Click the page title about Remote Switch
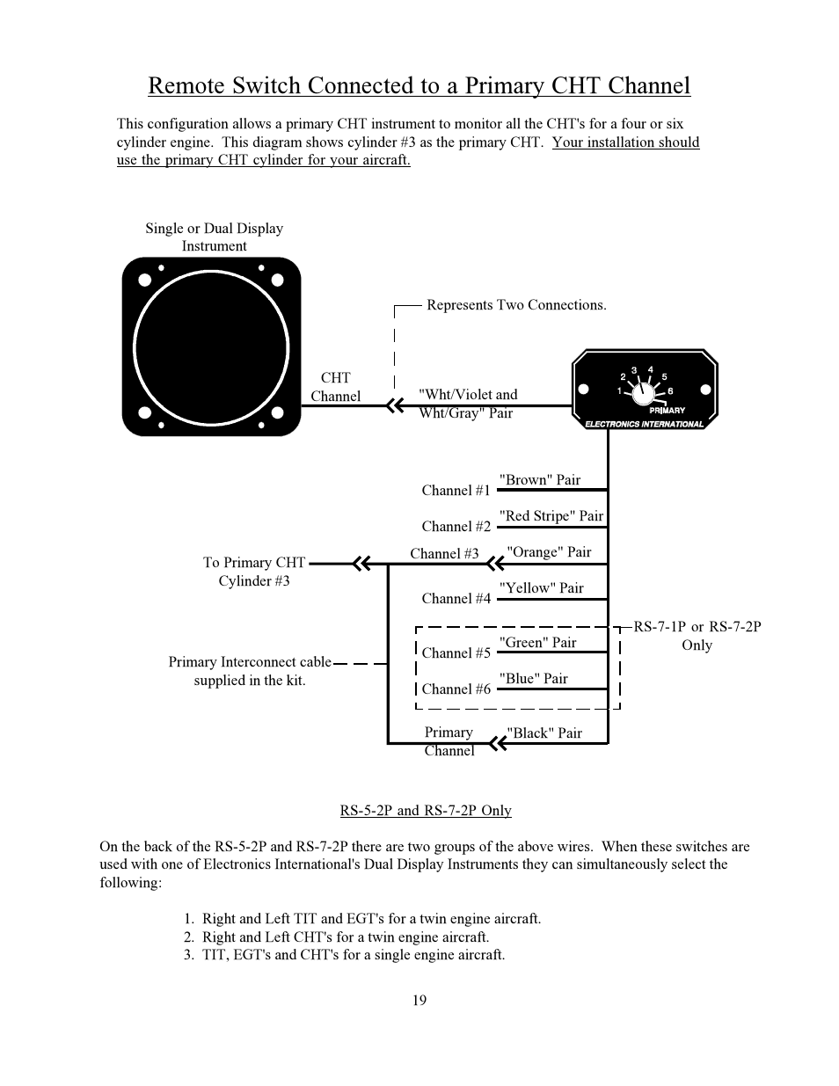point(419,85)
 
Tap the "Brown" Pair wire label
point(540,480)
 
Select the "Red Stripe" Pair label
point(551,516)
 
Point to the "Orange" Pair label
point(549,552)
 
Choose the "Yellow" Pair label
point(541,588)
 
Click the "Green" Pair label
point(537,643)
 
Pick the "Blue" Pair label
point(533,679)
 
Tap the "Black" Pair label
point(544,733)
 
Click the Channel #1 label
point(456,491)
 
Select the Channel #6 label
point(456,689)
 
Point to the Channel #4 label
point(456,599)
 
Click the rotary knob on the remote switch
point(645,390)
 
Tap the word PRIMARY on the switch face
point(667,411)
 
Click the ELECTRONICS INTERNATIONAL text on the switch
point(645,424)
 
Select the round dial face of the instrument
point(211,346)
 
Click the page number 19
point(419,1000)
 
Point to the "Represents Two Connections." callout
point(516,305)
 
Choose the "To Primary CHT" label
point(254,563)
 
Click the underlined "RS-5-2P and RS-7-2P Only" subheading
point(426,811)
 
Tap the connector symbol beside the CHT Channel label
point(395,406)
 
